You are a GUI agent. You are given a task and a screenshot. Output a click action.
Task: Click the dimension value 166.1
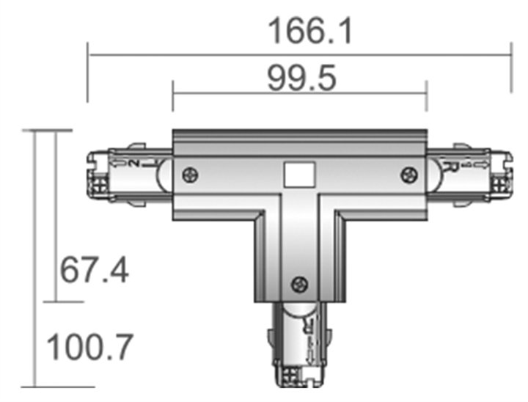point(300,31)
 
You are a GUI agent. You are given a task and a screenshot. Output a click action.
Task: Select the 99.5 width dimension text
point(301,78)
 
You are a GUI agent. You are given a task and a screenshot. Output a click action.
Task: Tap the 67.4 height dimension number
point(95,271)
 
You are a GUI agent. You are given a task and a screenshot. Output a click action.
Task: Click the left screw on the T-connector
point(190,175)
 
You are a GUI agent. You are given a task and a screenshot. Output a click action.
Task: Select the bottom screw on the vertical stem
point(298,284)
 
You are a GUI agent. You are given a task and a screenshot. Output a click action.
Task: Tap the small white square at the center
point(298,175)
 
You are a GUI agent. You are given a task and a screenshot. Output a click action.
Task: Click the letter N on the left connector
point(135,163)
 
